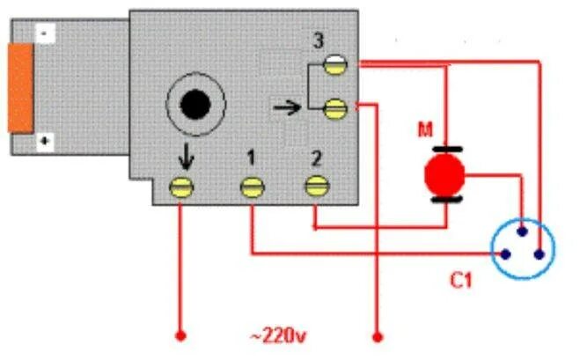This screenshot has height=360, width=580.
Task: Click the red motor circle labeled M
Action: [444, 173]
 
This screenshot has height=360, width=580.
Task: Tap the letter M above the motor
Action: [426, 130]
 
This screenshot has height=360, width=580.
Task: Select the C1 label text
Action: [461, 283]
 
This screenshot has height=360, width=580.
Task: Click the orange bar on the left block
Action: [19, 88]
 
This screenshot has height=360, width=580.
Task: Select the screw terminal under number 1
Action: [253, 187]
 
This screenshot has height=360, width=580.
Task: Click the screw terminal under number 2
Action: [315, 186]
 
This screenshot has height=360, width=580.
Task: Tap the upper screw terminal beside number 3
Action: [334, 63]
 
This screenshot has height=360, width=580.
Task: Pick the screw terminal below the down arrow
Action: [182, 187]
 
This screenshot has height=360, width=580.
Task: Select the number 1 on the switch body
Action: [252, 158]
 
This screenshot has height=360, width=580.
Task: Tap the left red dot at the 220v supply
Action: [181, 335]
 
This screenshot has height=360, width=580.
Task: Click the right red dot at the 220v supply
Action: [378, 335]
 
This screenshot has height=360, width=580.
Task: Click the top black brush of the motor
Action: [444, 148]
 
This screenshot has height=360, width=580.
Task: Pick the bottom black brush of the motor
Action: [444, 200]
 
